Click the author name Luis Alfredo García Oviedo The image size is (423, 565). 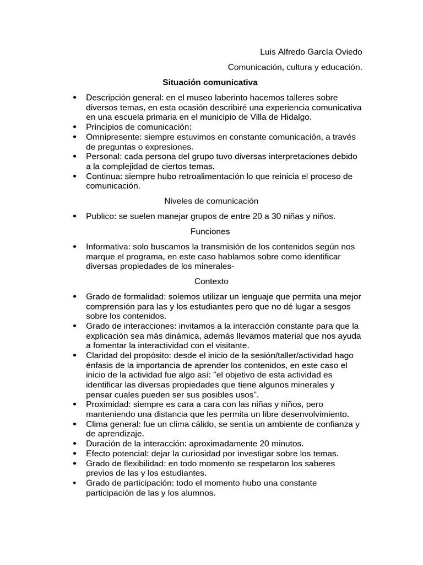coord(311,52)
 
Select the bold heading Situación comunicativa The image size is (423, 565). coord(210,82)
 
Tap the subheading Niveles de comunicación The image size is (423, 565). coord(211,201)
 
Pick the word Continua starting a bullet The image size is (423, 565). coord(103,177)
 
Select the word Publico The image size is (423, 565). coord(100,216)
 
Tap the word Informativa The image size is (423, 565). coord(107,247)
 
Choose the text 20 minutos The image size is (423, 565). coord(283,444)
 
